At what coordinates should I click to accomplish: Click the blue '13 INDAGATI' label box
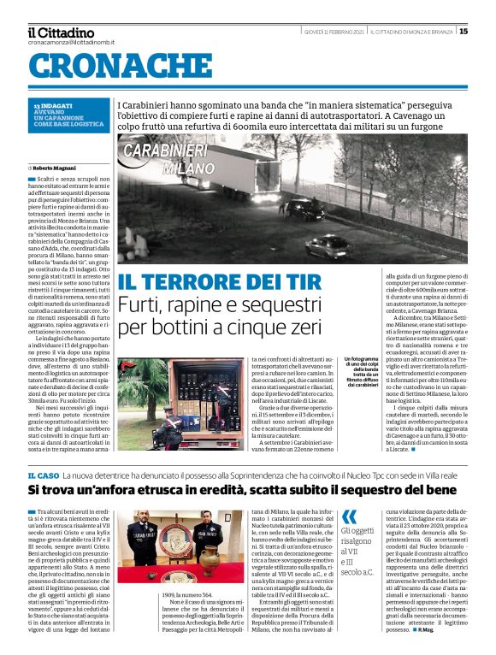click(x=68, y=114)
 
